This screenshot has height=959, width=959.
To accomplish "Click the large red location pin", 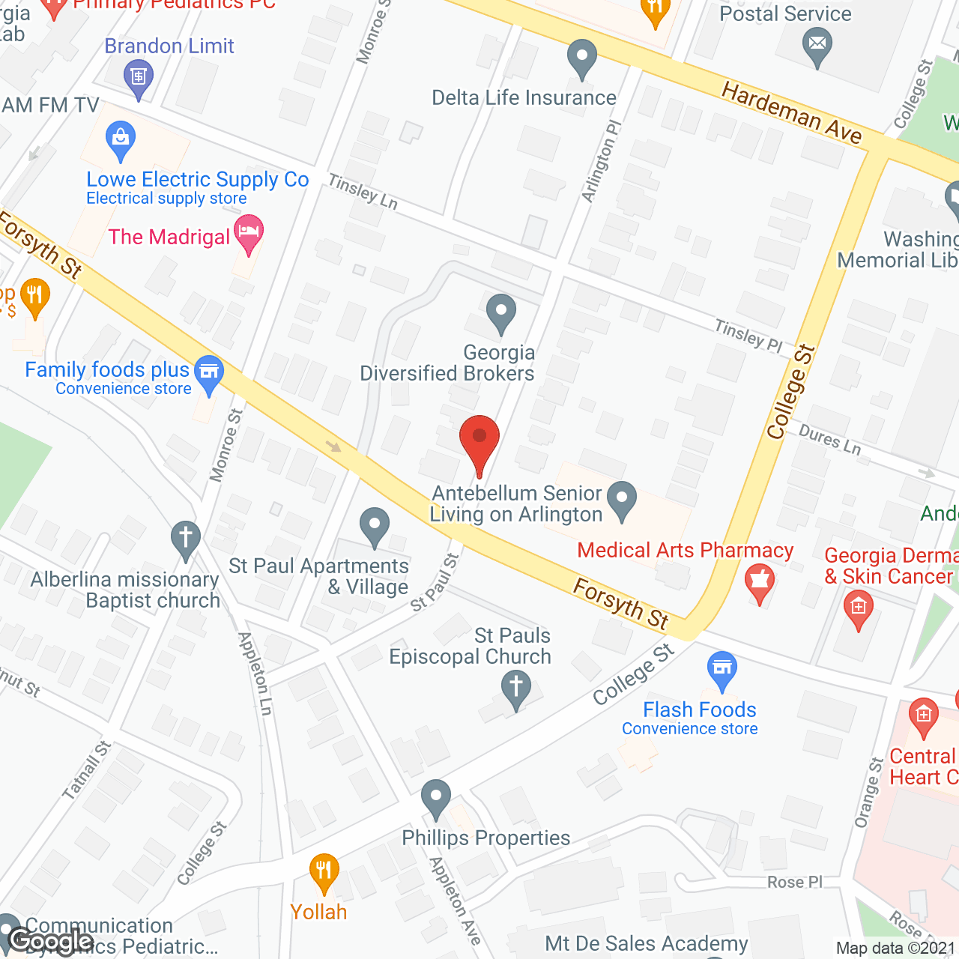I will (x=479, y=439).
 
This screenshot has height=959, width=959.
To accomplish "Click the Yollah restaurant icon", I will (x=324, y=871).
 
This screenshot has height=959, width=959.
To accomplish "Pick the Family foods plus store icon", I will (x=209, y=372).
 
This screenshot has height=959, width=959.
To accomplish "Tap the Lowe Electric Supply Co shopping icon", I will (x=120, y=139).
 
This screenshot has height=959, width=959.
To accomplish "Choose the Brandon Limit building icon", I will (x=138, y=77).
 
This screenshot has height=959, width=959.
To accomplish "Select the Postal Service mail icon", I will (x=817, y=45).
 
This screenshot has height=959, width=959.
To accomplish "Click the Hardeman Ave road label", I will (x=791, y=112).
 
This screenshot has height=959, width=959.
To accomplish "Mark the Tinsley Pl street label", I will (x=748, y=336).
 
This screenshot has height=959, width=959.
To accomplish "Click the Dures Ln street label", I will (x=829, y=440).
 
